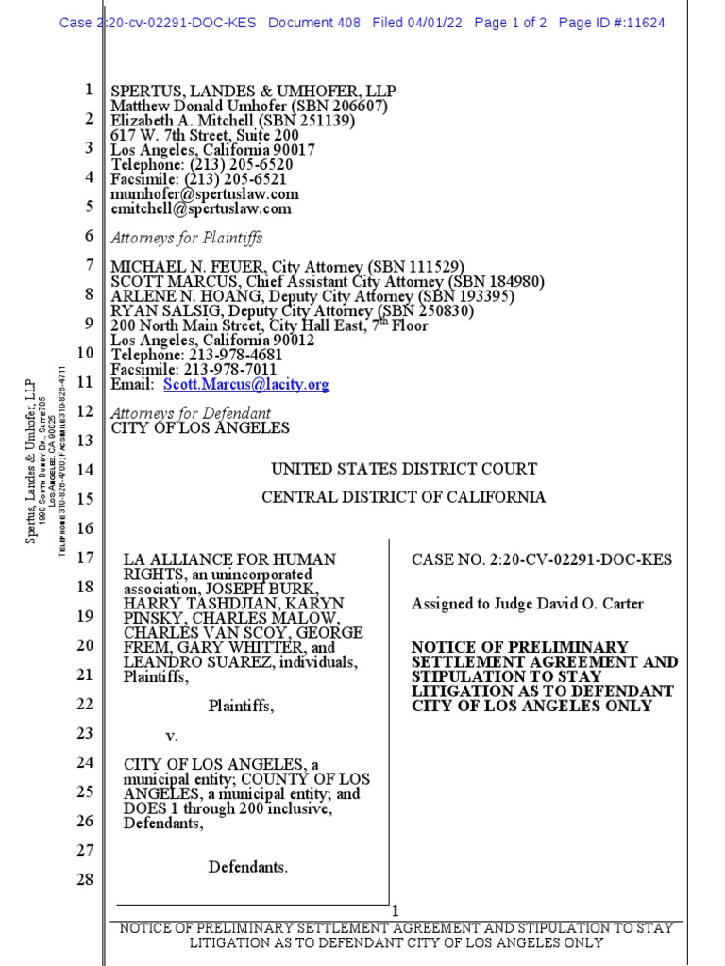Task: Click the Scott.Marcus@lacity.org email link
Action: (246, 385)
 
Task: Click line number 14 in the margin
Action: (85, 470)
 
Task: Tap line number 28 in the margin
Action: (85, 879)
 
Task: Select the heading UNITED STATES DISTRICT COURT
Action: (404, 469)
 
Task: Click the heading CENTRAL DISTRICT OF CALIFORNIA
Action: (403, 497)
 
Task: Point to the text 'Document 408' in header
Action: (314, 23)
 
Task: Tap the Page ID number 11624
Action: (642, 23)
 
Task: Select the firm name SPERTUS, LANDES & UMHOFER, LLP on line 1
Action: (253, 92)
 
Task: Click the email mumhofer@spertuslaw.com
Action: (205, 194)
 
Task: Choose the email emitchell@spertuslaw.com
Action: (201, 209)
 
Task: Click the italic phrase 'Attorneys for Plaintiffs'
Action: (187, 238)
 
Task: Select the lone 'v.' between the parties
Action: (172, 734)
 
